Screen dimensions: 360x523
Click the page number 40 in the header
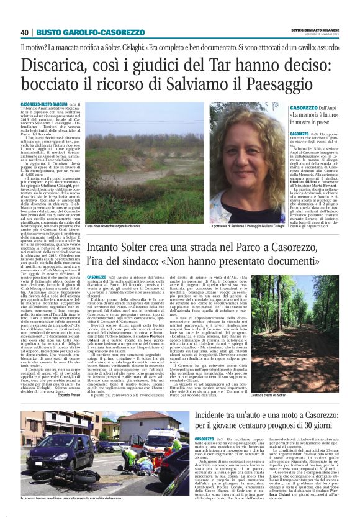(25, 32)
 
